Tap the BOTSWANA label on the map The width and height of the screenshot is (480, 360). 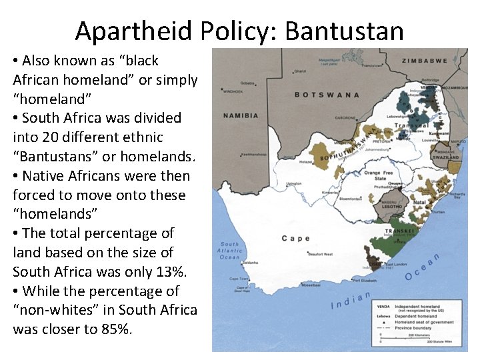(327, 95)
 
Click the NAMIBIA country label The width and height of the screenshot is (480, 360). (241, 115)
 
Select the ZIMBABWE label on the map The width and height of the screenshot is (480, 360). (424, 61)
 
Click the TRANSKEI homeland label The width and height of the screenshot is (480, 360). (398, 231)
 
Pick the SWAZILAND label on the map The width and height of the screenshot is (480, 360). (446, 157)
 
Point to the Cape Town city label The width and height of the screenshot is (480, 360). (239, 279)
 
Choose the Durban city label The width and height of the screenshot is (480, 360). (438, 211)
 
